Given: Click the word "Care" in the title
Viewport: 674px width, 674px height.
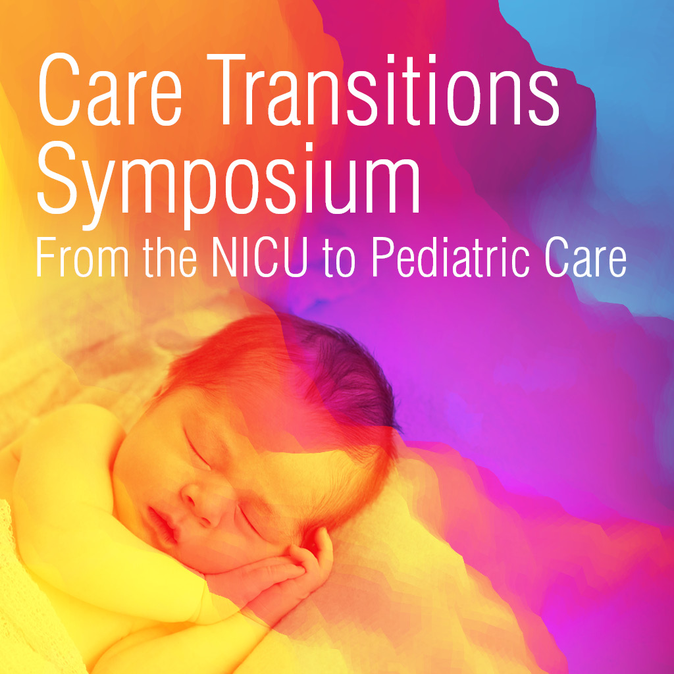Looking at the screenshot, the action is coord(110,90).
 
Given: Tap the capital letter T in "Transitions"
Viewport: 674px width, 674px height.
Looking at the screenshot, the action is coord(226,90).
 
